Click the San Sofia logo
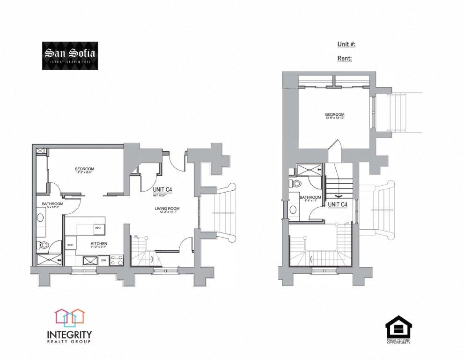(x=70, y=55)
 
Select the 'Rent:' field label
(x=344, y=59)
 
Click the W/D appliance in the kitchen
(x=98, y=228)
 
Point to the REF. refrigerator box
(x=71, y=245)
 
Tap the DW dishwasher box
(x=103, y=260)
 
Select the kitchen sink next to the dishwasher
(x=89, y=260)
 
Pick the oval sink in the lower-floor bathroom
(x=40, y=218)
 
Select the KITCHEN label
(x=99, y=244)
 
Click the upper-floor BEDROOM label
(x=335, y=115)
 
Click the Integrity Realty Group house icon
(x=70, y=318)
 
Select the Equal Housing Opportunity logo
(x=399, y=330)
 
